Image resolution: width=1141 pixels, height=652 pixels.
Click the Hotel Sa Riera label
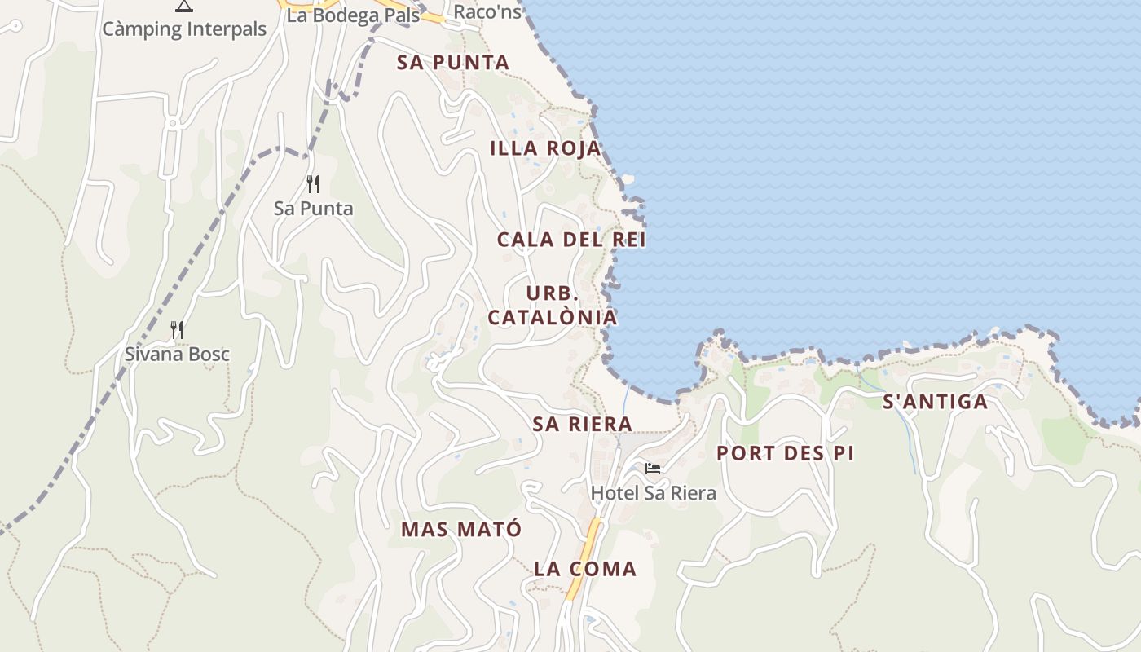(x=653, y=493)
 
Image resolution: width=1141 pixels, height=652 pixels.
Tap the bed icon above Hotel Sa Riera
(x=653, y=469)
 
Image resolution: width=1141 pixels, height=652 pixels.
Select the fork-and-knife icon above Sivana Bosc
(x=176, y=329)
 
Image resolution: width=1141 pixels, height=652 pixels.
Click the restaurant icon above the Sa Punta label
(x=313, y=184)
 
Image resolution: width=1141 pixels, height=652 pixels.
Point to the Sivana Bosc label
(x=177, y=355)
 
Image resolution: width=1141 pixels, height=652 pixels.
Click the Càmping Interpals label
(x=184, y=29)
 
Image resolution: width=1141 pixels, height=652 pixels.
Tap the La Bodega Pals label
(x=353, y=15)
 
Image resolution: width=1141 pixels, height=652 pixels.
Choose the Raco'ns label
(x=487, y=12)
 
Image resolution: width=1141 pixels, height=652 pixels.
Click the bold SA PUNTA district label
(x=453, y=63)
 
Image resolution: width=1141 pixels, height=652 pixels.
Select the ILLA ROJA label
(x=545, y=148)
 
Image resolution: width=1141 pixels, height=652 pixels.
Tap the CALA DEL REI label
(x=571, y=240)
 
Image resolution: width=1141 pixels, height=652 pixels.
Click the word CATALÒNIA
(x=552, y=317)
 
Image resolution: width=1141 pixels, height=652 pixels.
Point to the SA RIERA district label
(x=582, y=424)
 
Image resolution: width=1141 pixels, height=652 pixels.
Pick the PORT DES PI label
(x=785, y=454)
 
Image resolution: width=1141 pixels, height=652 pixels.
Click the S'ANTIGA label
(x=935, y=402)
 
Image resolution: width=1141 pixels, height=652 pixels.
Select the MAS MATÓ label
(x=460, y=530)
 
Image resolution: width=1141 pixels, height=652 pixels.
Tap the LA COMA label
(x=584, y=569)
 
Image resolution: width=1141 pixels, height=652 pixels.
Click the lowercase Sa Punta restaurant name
(x=313, y=209)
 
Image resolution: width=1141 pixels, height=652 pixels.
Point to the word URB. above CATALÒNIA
(x=552, y=293)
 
